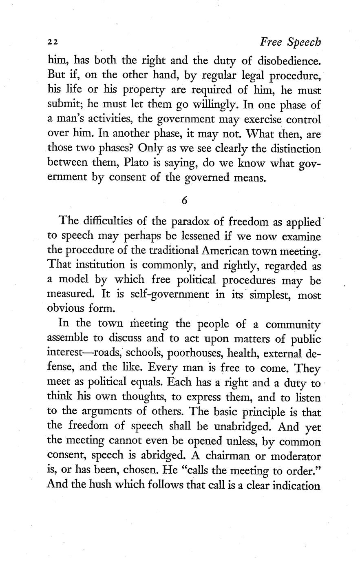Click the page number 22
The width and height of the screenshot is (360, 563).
tap(53, 42)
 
